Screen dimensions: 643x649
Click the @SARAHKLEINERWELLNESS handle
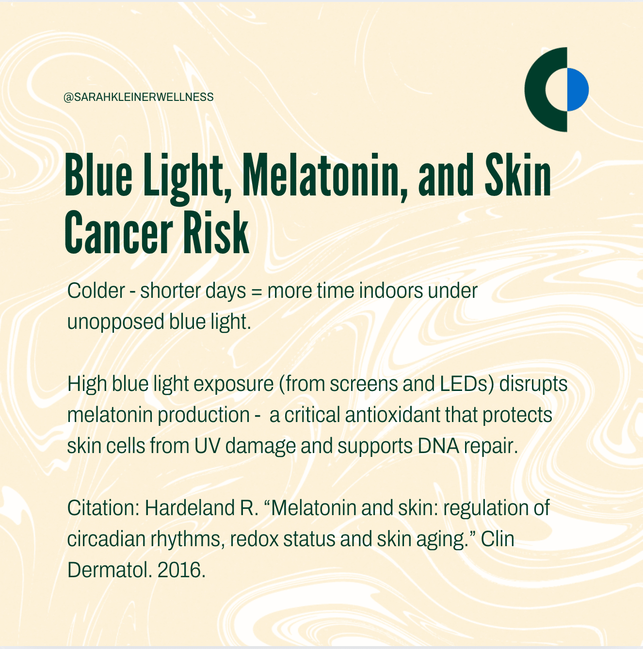point(138,97)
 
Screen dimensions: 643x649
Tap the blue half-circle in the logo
point(578,90)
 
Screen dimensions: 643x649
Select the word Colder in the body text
point(96,291)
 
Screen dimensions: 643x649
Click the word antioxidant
point(392,415)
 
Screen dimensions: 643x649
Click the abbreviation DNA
point(438,446)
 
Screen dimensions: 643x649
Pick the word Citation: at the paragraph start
point(103,508)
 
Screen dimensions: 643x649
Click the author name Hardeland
point(190,508)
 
